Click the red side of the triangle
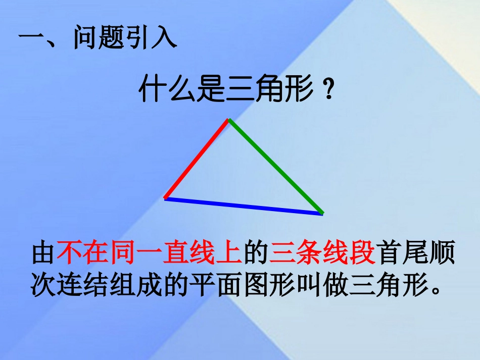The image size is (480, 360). click(197, 159)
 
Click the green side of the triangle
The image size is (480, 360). click(276, 167)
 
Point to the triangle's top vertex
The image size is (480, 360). click(228, 120)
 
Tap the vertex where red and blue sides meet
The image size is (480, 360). click(166, 198)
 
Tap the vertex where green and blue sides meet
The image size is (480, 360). click(322, 214)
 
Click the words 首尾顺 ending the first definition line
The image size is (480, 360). click(415, 253)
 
